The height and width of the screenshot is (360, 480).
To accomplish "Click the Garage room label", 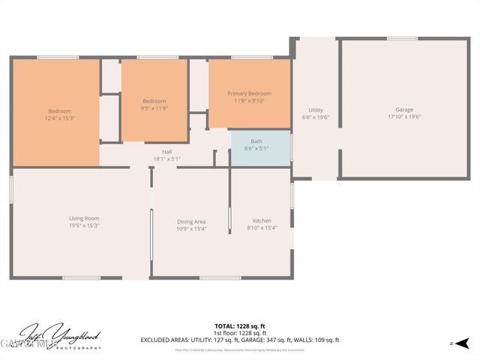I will (x=404, y=109).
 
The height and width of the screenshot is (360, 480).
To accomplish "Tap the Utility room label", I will (x=315, y=110).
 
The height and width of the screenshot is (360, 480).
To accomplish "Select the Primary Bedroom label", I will (x=249, y=93).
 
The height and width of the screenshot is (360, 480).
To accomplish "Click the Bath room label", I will (x=256, y=141).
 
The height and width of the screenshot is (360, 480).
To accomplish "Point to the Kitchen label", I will (x=262, y=220).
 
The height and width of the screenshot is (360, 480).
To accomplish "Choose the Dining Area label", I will (x=190, y=221).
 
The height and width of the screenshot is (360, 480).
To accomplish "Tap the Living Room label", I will (x=84, y=218).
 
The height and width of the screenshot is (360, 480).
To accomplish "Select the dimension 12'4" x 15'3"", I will (x=60, y=118).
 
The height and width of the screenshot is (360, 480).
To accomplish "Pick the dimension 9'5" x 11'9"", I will (x=154, y=108).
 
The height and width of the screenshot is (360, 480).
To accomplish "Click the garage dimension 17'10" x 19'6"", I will (x=404, y=117).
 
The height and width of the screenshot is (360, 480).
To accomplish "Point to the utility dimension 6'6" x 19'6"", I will (x=315, y=118).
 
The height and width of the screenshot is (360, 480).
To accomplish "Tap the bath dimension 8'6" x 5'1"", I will (x=256, y=148).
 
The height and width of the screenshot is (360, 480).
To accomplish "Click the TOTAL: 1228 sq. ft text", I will (x=239, y=326).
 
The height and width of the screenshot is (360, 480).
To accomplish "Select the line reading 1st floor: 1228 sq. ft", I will (x=239, y=333).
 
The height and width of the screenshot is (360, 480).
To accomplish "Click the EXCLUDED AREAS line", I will (x=239, y=340).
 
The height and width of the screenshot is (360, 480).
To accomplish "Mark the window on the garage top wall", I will (x=403, y=38).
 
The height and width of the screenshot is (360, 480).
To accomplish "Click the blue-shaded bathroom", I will (x=259, y=148).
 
